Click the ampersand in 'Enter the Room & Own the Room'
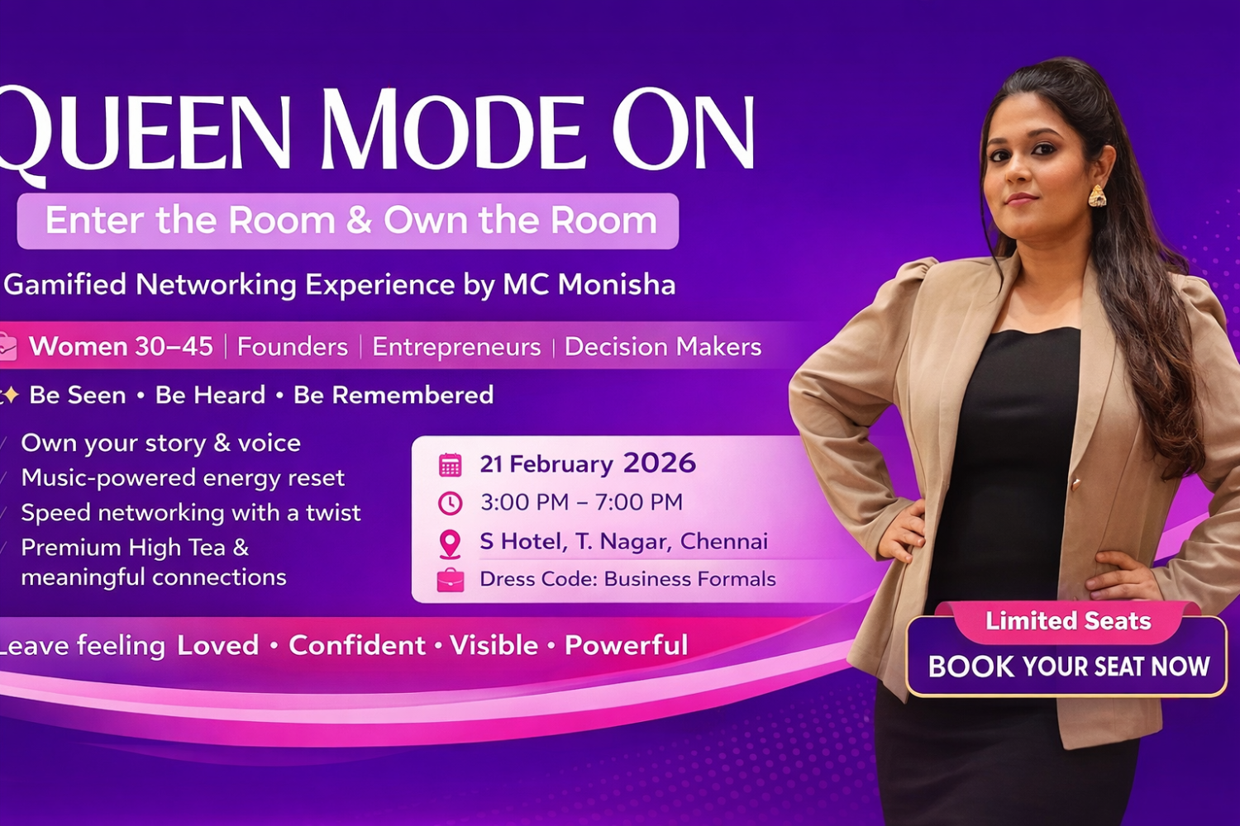[360, 221]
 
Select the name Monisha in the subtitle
[617, 285]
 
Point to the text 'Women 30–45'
[121, 347]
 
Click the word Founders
[293, 347]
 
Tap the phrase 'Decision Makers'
[663, 347]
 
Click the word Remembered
[393, 395]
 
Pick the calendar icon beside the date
[450, 465]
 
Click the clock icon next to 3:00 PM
[450, 504]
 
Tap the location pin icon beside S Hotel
[450, 544]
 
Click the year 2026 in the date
[660, 463]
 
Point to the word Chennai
[723, 541]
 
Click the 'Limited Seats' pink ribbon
[1068, 621]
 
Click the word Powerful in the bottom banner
[626, 645]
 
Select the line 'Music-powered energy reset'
[183, 478]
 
